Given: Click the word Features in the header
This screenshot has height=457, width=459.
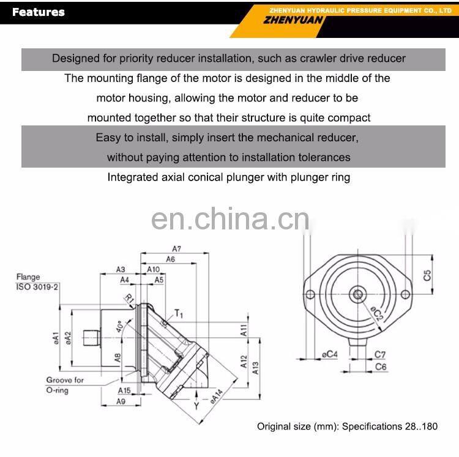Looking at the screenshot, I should [39, 12].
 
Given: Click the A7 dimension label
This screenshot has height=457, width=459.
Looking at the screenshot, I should [177, 248].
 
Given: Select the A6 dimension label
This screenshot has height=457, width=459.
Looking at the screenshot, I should [170, 259].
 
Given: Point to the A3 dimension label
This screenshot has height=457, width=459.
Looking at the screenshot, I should [121, 270].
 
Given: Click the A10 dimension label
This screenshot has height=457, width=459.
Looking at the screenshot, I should [153, 270].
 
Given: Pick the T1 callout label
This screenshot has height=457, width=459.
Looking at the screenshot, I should [179, 314].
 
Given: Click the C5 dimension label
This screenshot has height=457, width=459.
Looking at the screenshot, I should [427, 275].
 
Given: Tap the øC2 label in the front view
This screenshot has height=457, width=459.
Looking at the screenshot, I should [377, 314].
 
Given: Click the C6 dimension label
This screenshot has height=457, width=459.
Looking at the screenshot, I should [380, 366].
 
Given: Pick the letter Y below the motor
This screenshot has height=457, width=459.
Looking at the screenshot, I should [196, 406].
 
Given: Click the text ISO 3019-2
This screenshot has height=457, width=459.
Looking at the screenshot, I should [38, 286].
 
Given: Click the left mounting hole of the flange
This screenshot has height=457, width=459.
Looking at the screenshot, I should [310, 295].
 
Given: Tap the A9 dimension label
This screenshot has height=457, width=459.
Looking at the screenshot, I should [121, 401].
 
